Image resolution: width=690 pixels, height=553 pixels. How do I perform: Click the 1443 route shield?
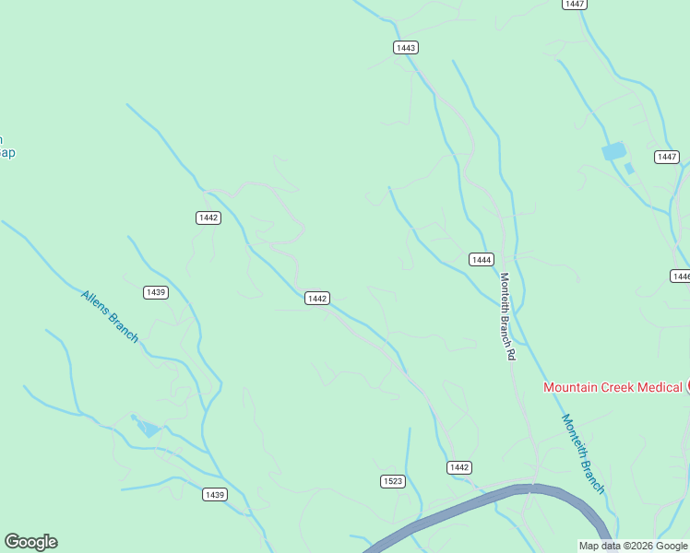[x=405, y=48]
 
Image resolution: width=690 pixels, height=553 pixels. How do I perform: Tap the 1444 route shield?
[x=481, y=260]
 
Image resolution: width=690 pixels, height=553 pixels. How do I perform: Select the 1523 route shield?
[x=392, y=481]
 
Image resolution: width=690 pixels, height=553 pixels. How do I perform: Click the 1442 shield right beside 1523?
[x=459, y=467]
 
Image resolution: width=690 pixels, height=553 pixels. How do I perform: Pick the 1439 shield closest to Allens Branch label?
[x=156, y=292]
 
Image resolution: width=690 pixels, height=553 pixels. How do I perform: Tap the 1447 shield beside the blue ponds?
[x=667, y=157]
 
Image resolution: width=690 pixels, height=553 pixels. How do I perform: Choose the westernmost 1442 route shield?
[x=208, y=218]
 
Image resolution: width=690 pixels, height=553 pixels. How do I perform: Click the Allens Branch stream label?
[x=110, y=316]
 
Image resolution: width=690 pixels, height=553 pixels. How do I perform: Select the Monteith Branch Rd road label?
[x=506, y=316]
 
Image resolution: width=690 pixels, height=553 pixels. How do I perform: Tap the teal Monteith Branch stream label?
[x=583, y=453]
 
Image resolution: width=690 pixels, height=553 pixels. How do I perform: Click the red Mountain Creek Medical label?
[x=612, y=387]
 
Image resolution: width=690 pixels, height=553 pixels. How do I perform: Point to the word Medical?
[x=659, y=387]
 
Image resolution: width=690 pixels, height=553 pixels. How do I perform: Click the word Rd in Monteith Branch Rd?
[x=510, y=353]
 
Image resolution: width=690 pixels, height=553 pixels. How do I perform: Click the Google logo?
[x=30, y=542]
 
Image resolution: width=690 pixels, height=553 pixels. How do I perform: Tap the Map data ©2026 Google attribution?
[x=633, y=546]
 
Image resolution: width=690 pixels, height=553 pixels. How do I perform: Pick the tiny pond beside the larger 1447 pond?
[x=630, y=169]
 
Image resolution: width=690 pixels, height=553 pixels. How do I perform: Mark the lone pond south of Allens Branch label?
[x=148, y=429]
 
